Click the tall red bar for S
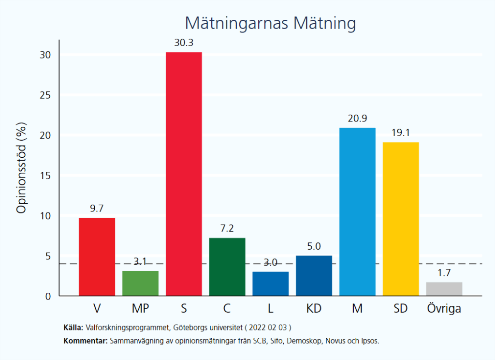pyautogui.click(x=184, y=174)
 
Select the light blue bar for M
pyautogui.click(x=357, y=211)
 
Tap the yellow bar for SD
pyautogui.click(x=401, y=219)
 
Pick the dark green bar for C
pyautogui.click(x=227, y=267)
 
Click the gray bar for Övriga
pyautogui.click(x=444, y=289)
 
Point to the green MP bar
pyautogui.click(x=140, y=283)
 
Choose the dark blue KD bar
pyautogui.click(x=314, y=275)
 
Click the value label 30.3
pyautogui.click(x=184, y=43)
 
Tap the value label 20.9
pyautogui.click(x=357, y=119)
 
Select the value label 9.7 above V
pyautogui.click(x=97, y=209)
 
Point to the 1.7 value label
pyautogui.click(x=444, y=273)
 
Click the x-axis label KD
pyautogui.click(x=314, y=308)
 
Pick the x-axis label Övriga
pyautogui.click(x=444, y=308)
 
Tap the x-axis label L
pyautogui.click(x=270, y=308)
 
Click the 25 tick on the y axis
pyautogui.click(x=46, y=95)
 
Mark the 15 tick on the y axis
pyautogui.click(x=46, y=175)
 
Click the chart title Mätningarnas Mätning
pyautogui.click(x=270, y=23)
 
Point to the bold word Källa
pyautogui.click(x=73, y=327)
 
